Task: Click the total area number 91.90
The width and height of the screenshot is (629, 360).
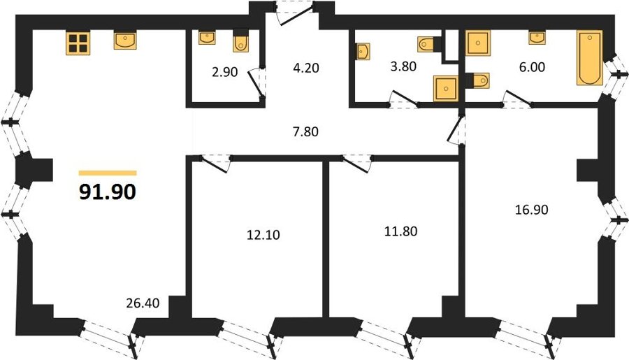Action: coord(108,192)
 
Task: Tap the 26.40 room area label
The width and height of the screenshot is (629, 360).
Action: coord(143,303)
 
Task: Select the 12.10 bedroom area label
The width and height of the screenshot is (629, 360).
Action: coord(263,235)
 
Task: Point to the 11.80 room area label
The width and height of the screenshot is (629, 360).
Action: coord(400,231)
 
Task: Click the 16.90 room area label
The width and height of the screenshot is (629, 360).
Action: coord(532,210)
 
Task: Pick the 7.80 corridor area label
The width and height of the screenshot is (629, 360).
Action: coord(305,131)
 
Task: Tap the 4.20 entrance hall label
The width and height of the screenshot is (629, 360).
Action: coord(306,68)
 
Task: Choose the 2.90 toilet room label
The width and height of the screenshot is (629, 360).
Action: coord(224,72)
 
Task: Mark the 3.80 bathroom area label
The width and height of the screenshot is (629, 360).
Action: coord(403,66)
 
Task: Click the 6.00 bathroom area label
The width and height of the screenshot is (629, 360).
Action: coord(532,67)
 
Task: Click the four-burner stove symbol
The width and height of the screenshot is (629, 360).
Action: coord(78,43)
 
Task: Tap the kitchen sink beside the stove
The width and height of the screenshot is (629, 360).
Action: coord(125,41)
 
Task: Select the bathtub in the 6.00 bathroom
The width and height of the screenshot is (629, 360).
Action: coord(590,58)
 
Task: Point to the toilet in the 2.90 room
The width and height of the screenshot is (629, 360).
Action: coord(240,42)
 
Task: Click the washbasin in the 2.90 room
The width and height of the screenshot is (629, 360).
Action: coord(207,38)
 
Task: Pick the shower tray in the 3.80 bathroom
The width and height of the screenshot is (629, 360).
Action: coord(445,88)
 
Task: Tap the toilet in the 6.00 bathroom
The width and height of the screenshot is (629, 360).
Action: coord(478,80)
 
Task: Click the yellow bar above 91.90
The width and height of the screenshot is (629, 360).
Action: coord(108,173)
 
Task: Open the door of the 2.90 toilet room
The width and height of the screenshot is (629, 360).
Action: coord(256,83)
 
